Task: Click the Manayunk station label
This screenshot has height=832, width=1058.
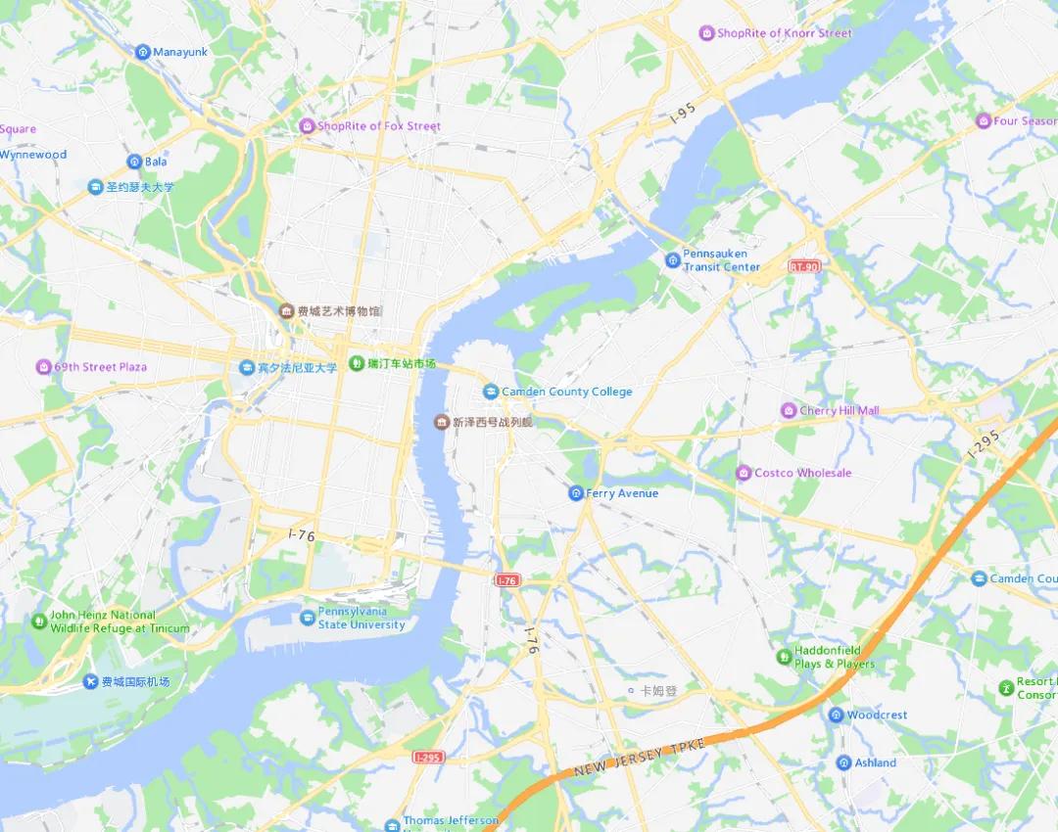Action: tap(180, 52)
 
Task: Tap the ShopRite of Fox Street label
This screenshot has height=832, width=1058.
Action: tap(378, 126)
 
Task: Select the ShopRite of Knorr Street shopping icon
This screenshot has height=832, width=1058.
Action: tap(706, 33)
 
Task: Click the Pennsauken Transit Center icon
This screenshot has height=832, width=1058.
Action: tap(672, 259)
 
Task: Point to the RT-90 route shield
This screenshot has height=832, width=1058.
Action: tap(803, 265)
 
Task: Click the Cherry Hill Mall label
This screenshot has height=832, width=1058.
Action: tap(840, 411)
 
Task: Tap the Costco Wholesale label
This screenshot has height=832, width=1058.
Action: tap(802, 473)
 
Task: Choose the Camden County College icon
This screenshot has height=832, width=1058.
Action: tap(491, 392)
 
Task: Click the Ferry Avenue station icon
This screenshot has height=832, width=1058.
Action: tap(575, 493)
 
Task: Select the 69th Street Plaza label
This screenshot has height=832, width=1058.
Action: tap(100, 367)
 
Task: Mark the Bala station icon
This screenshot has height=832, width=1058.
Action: tap(134, 162)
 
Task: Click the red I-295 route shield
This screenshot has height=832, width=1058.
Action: tap(428, 758)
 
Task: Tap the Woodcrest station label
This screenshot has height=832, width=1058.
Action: tap(877, 716)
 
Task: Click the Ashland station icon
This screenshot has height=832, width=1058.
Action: tap(843, 763)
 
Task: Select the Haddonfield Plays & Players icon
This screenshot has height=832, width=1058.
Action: tap(783, 656)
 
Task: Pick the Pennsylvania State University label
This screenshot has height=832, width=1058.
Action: tap(361, 619)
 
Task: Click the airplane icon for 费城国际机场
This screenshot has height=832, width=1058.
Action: tap(90, 682)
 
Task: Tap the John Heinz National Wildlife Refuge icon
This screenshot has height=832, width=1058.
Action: tap(39, 621)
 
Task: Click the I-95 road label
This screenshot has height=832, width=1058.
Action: tap(682, 115)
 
